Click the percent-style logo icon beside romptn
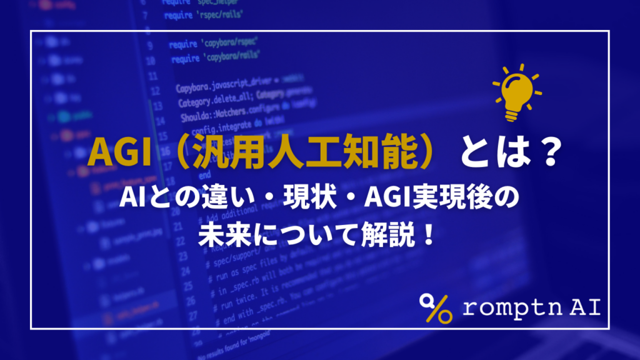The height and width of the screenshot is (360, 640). pos(436,307)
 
